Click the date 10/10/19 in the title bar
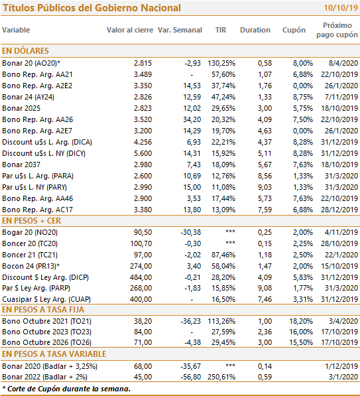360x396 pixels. tap(341, 8)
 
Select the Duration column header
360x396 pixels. tap(255, 30)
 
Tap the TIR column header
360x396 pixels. tap(221, 30)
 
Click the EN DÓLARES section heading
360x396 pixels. tap(25, 51)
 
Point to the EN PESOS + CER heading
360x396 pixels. tap(32, 221)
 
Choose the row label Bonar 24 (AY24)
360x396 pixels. tap(28, 97)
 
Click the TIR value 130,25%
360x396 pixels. tap(221, 63)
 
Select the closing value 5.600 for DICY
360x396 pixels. tap(143, 153)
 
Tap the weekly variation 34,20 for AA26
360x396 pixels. tap(192, 119)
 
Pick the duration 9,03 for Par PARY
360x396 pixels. tap(265, 187)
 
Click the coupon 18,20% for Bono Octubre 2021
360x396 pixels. tap(301, 321)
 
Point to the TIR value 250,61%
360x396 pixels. tap(221, 377)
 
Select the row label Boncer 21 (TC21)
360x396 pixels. tap(30, 255)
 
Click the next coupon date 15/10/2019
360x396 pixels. tap(339, 266)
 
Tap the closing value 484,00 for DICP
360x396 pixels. tap(141, 277)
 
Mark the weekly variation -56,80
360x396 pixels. tap(190, 377)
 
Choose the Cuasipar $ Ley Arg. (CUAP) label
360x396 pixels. tap(46, 299)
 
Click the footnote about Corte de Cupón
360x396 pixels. tap(66, 389)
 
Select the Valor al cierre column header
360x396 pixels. tap(130, 30)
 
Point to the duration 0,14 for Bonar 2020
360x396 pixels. tap(265, 366)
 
